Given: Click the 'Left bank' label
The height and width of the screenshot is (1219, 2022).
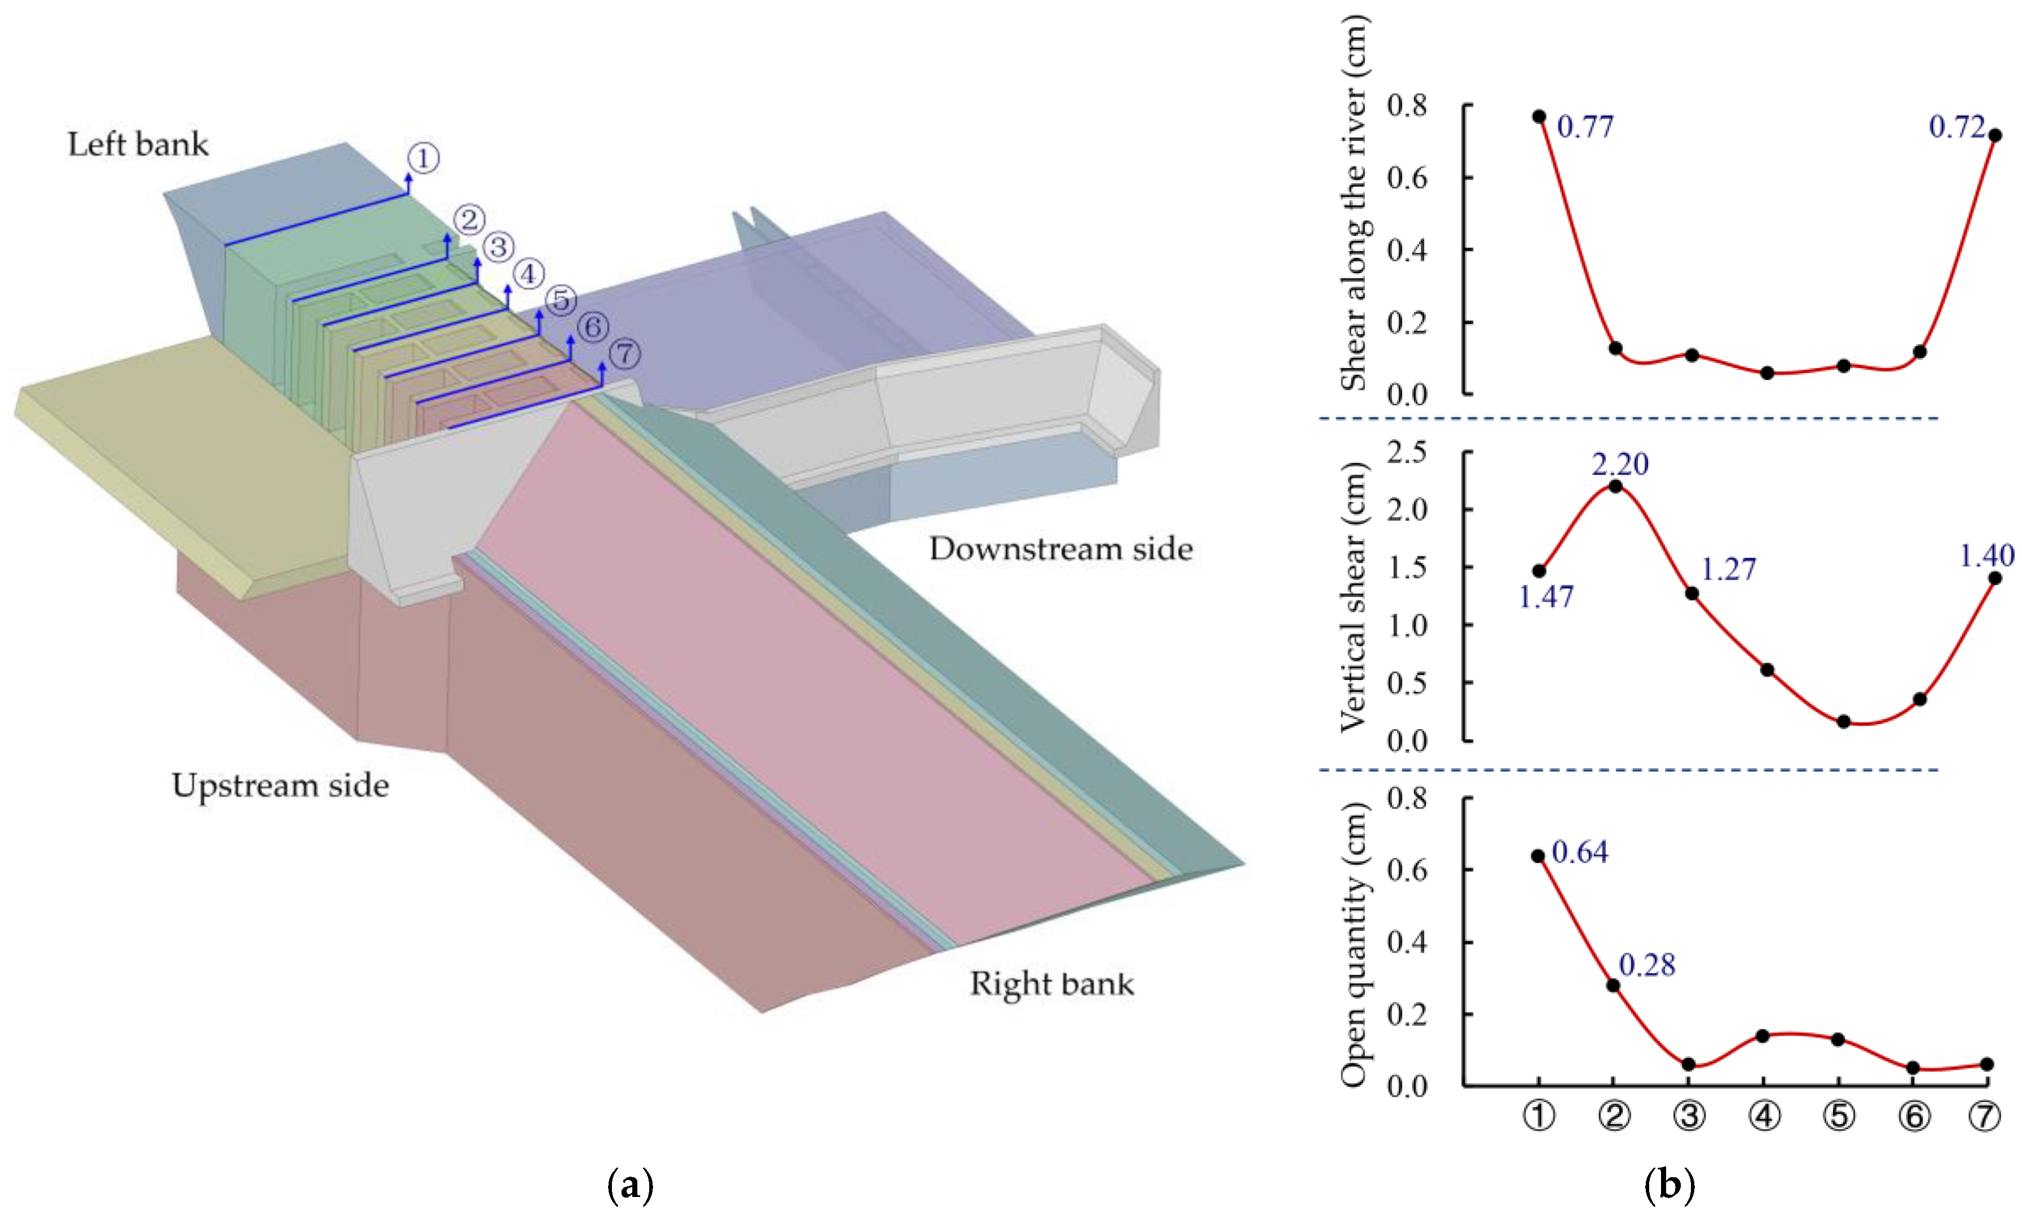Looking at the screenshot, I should (x=138, y=144).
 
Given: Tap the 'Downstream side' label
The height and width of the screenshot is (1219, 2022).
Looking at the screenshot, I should (x=1060, y=549).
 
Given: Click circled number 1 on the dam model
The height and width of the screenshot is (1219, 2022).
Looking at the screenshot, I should (x=424, y=157).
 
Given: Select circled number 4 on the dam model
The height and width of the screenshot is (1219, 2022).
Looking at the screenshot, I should (x=528, y=273).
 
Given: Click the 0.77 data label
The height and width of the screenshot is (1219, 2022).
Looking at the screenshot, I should (x=1585, y=127).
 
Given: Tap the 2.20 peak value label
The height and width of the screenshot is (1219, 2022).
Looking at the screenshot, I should (x=1620, y=464).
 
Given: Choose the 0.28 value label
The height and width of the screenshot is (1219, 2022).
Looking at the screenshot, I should (x=1647, y=966).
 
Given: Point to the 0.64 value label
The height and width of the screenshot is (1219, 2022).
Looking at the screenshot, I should (x=1580, y=852).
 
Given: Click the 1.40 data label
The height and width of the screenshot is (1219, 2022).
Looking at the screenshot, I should (x=1986, y=556).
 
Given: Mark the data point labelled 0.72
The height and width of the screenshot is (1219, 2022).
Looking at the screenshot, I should (x=1995, y=135).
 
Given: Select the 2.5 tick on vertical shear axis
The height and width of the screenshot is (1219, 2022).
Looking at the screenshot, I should (x=1406, y=452).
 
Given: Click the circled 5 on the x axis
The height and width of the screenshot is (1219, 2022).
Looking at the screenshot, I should (x=1839, y=1116).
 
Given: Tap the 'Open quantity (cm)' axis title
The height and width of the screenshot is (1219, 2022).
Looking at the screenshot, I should (x=1354, y=945).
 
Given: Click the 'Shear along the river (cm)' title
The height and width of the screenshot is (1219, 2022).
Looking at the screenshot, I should (x=1354, y=204).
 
